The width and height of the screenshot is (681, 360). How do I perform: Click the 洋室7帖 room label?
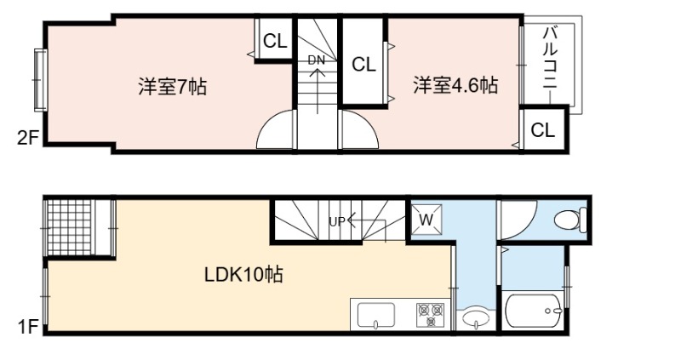click(173, 86)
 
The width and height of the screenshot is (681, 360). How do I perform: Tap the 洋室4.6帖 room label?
click(455, 84)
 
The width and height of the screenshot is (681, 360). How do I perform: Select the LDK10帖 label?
click(243, 274)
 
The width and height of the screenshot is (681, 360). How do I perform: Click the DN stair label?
click(316, 60)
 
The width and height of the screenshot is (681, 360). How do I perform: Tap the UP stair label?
click(337, 222)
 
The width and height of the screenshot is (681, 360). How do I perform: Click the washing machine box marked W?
click(426, 220)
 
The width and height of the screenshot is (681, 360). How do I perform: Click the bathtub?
click(534, 311)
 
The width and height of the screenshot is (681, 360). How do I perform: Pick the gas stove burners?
click(431, 314)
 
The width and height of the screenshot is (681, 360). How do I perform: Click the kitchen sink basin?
click(375, 315)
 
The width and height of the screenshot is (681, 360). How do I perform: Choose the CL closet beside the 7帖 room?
click(275, 41)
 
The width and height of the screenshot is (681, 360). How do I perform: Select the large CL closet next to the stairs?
click(363, 65)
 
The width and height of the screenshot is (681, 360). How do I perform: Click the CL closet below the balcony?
click(543, 129)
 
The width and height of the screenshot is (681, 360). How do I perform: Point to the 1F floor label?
click(28, 326)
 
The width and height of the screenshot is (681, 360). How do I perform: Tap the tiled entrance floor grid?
click(70, 227)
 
